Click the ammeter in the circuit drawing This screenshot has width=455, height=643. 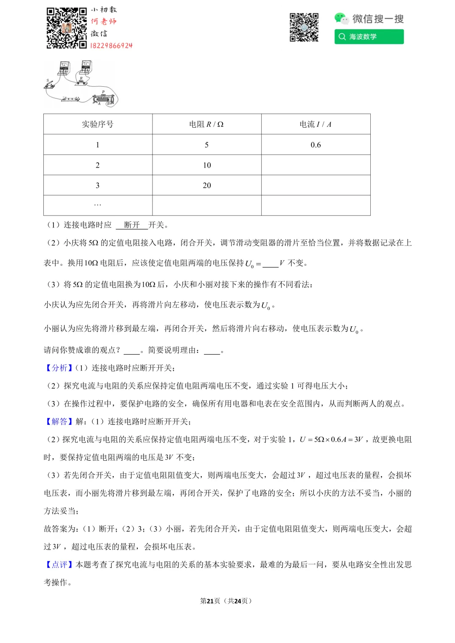64,69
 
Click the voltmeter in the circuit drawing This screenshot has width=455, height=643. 86,67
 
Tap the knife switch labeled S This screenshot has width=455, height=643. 50,85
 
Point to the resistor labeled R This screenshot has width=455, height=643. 82,81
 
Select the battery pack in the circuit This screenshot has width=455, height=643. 71,99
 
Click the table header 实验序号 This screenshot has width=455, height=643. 98,124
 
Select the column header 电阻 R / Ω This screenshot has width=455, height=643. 206,124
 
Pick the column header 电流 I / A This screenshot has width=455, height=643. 316,124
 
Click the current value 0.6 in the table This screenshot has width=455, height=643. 316,145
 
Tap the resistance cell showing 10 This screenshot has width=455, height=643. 206,165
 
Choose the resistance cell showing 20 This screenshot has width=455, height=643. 206,185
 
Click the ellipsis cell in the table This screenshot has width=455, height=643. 98,205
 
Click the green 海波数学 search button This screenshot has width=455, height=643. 369,37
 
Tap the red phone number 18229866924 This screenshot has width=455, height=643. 111,45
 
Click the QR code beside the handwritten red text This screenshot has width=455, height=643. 67,28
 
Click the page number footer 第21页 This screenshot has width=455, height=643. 210,601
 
